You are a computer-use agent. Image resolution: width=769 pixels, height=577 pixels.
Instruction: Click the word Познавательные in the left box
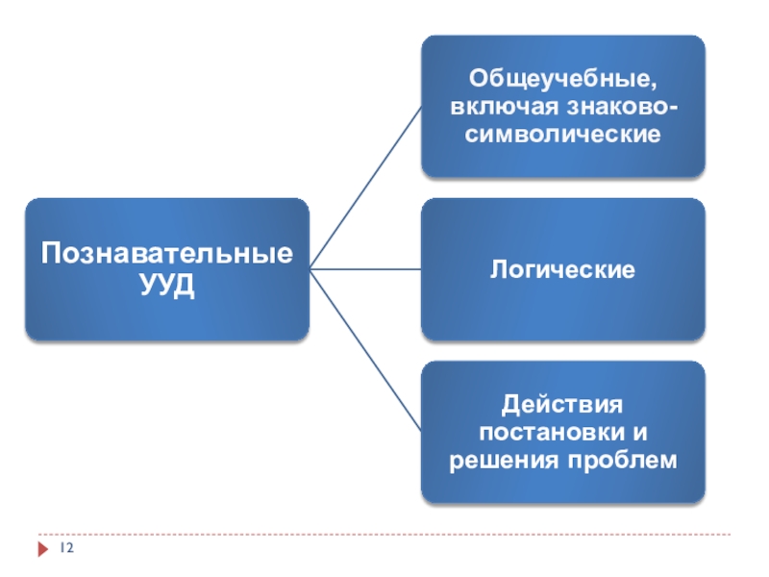pos(166,256)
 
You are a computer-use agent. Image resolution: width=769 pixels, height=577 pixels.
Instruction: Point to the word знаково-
pos(619,105)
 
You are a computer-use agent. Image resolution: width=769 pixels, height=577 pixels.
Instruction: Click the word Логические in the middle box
pos(562,269)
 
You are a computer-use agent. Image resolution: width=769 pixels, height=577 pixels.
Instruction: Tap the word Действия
pos(562,404)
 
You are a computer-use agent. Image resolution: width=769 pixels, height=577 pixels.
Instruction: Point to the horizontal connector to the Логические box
pos(365,269)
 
